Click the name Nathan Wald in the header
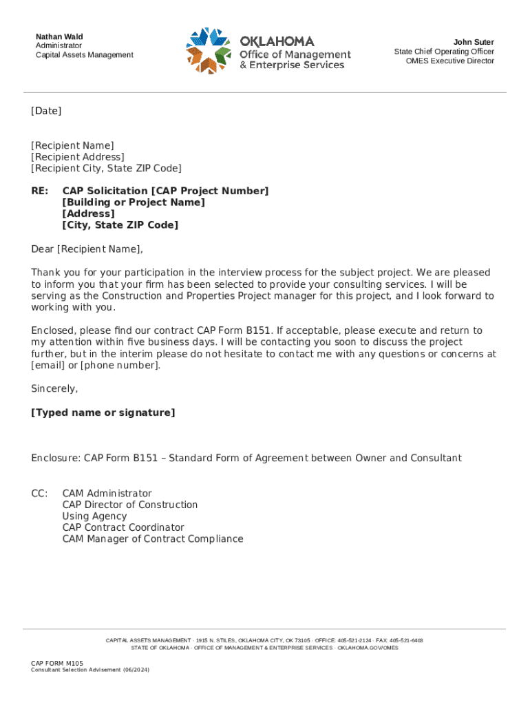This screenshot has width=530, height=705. click(x=59, y=36)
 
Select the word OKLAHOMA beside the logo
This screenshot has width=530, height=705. click(x=277, y=41)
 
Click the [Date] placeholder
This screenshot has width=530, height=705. click(x=46, y=111)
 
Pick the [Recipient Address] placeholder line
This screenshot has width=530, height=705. click(x=78, y=157)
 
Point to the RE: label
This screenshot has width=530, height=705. click(x=40, y=191)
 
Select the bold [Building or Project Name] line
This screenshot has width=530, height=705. click(x=134, y=202)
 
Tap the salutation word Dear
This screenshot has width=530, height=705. click(x=42, y=249)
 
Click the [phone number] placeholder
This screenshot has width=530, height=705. click(x=120, y=365)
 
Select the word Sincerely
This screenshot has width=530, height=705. click(x=54, y=389)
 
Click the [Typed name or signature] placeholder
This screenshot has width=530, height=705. click(x=103, y=412)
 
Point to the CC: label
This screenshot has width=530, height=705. click(x=39, y=494)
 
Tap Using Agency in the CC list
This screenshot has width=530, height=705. click(x=94, y=516)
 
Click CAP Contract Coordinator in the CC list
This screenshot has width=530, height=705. click(x=123, y=527)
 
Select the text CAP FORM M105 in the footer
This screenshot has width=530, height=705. click(x=57, y=663)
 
